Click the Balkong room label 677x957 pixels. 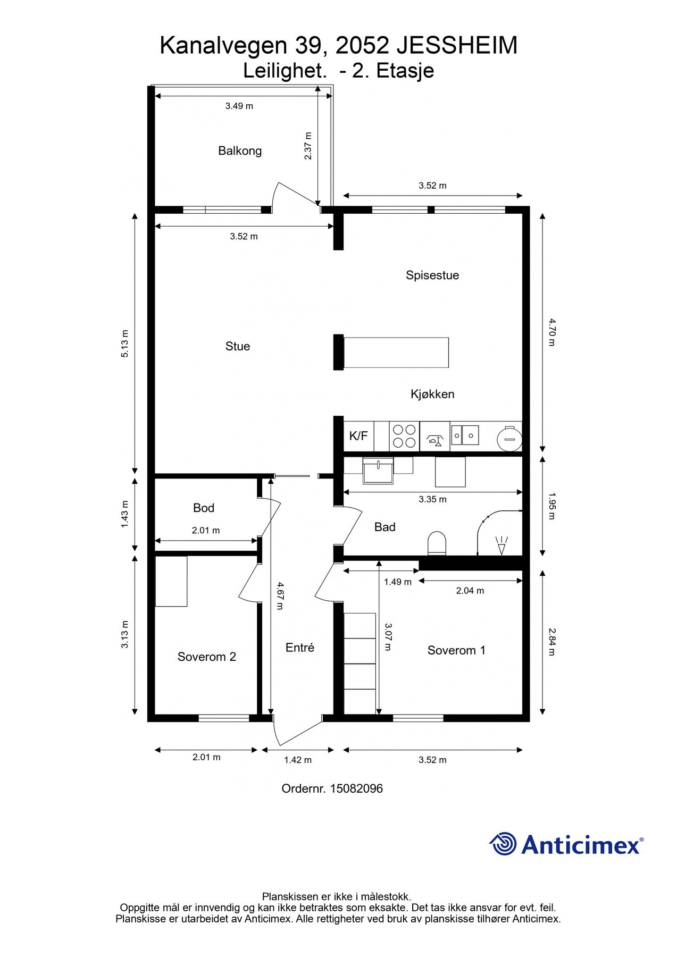[x=240, y=151]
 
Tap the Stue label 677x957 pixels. [x=238, y=347]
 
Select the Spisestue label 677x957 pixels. [x=432, y=275]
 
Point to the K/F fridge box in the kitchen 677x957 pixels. [x=358, y=436]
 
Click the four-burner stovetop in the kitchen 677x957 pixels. [x=404, y=436]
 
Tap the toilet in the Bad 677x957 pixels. [x=437, y=543]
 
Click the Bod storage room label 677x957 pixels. [x=204, y=508]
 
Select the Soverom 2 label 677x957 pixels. [x=207, y=657]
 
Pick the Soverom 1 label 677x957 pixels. [x=456, y=651]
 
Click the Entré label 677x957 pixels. [x=300, y=648]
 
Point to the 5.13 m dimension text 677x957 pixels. [x=125, y=343]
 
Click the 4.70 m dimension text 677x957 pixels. [x=551, y=332]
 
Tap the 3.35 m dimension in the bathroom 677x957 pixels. [x=432, y=500]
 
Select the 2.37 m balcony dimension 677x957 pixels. [x=308, y=146]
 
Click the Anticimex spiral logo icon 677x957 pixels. [x=503, y=844]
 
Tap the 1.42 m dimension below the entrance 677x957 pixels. [x=298, y=760]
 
